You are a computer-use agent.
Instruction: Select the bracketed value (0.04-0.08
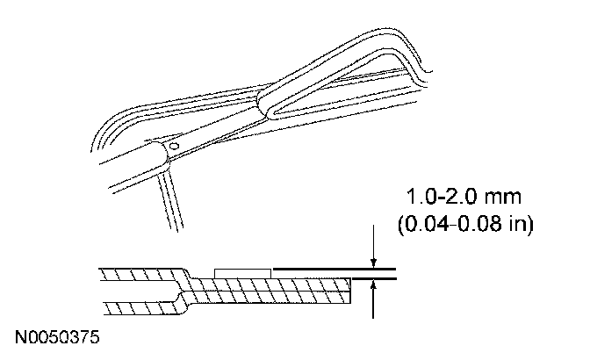click(450, 224)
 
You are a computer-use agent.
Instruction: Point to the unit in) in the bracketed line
click(521, 224)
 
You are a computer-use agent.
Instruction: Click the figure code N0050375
click(57, 337)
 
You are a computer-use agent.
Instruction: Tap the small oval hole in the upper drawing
click(174, 146)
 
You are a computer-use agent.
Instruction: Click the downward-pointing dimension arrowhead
click(373, 263)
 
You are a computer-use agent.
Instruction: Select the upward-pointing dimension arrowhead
click(373, 285)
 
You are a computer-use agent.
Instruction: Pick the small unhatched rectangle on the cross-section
click(242, 273)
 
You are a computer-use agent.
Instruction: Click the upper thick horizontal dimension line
click(335, 269)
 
